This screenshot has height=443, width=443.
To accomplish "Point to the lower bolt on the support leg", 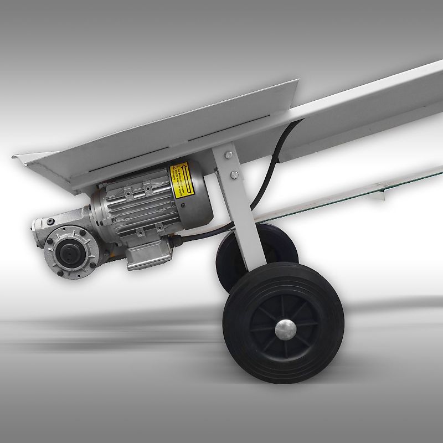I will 234,176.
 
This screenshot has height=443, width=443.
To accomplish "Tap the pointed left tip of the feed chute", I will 16,157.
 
